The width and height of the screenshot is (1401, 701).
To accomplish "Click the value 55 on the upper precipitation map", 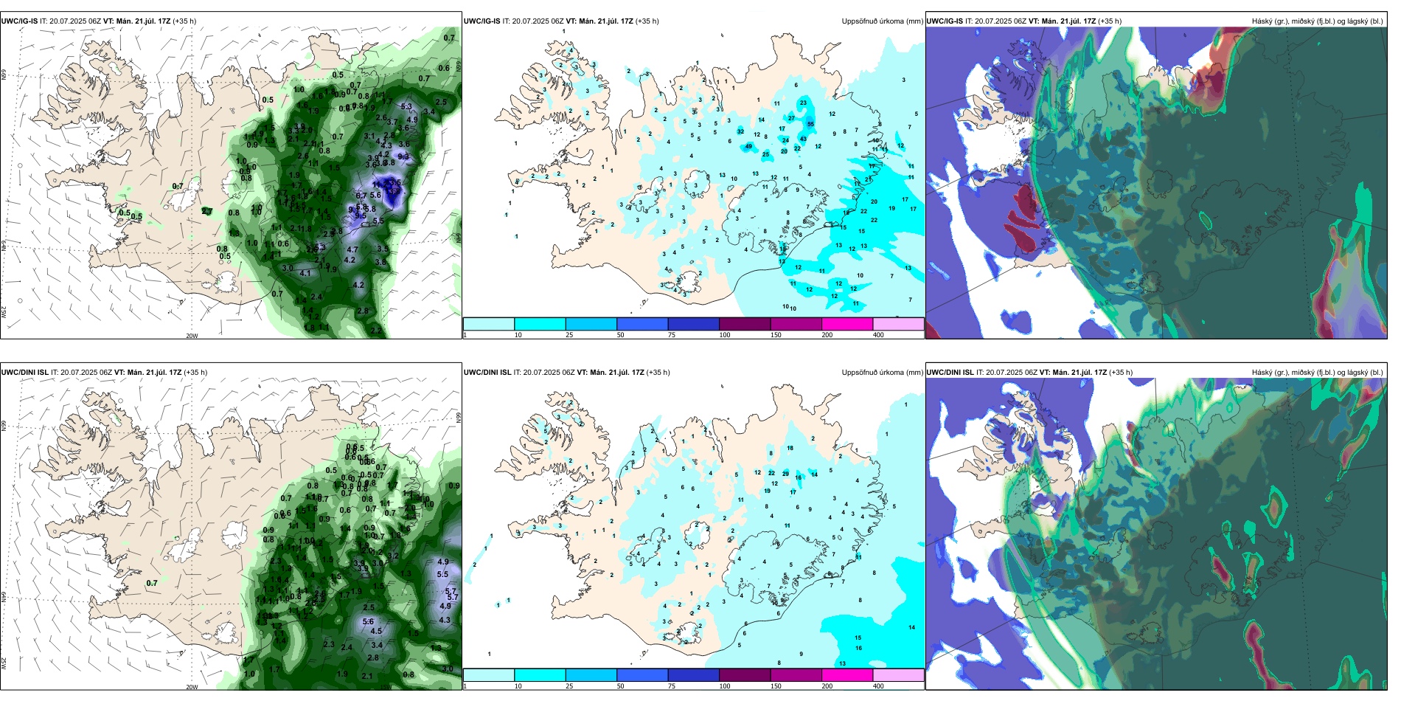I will click(810, 125).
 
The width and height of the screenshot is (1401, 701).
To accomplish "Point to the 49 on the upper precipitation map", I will click(749, 146).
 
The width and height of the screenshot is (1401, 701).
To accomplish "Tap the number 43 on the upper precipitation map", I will click(803, 139).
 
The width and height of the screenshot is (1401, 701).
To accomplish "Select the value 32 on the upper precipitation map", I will click(740, 131).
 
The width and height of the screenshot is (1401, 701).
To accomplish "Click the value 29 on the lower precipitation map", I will click(785, 474).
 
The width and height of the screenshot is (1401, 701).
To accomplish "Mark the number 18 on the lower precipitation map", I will click(790, 448).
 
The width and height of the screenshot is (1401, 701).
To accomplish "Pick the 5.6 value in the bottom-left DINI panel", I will click(368, 621).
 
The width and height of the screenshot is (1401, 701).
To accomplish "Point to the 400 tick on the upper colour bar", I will click(878, 335).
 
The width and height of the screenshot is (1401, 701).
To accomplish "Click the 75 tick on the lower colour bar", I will click(672, 686).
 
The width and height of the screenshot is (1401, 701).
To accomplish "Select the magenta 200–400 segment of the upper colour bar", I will click(847, 324).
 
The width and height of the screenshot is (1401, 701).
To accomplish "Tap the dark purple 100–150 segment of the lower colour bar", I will click(745, 675).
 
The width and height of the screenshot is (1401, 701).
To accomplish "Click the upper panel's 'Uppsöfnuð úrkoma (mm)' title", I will click(882, 21).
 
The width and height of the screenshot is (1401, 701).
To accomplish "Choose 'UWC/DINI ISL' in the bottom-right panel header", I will click(950, 373).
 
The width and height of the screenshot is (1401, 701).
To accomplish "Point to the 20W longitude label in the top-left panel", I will click(192, 336).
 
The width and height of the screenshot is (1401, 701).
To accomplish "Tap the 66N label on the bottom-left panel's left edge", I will click(4, 426).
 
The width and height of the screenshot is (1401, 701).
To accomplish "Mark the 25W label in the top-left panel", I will click(4, 312).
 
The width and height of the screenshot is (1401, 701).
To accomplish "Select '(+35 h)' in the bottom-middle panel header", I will click(658, 373).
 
